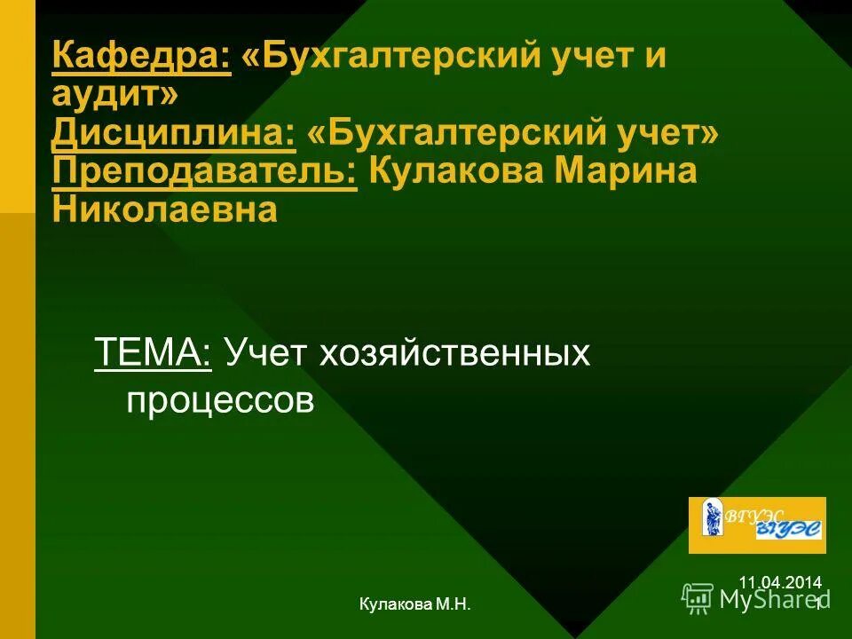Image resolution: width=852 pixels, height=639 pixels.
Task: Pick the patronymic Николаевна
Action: [164, 209]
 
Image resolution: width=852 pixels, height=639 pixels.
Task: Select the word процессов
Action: [220, 401]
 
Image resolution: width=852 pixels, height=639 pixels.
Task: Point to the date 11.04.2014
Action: [779, 582]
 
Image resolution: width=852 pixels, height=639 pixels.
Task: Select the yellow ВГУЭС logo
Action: [757, 525]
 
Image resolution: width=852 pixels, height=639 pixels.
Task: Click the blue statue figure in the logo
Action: [711, 517]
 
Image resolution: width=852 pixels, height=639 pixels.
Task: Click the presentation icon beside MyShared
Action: [698, 598]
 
